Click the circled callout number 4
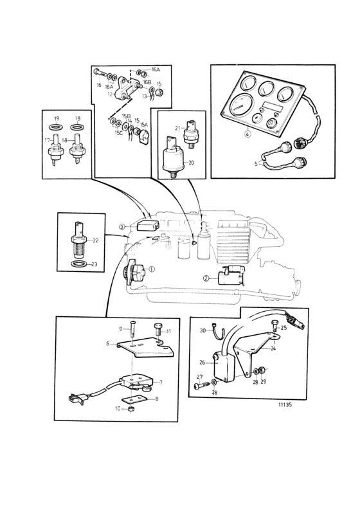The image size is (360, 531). pyautogui.click(x=248, y=134)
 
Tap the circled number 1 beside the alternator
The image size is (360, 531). pyautogui.click(x=151, y=269)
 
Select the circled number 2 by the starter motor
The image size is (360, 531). pyautogui.click(x=206, y=278)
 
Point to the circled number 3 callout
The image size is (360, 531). pyautogui.click(x=122, y=226)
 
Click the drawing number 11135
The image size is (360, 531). pyautogui.click(x=285, y=405)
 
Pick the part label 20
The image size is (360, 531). pyautogui.click(x=191, y=163)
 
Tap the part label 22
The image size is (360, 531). pyautogui.click(x=95, y=240)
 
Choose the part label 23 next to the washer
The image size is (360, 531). pyautogui.click(x=94, y=264)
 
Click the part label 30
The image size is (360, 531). pyautogui.click(x=203, y=330)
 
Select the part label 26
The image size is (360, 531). pyautogui.click(x=203, y=363)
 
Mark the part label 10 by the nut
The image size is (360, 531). pyautogui.click(x=118, y=409)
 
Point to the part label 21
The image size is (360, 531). pyautogui.click(x=178, y=128)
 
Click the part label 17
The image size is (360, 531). pyautogui.click(x=48, y=139)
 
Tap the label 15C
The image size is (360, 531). pyautogui.click(x=118, y=132)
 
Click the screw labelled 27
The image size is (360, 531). pyautogui.click(x=203, y=384)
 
